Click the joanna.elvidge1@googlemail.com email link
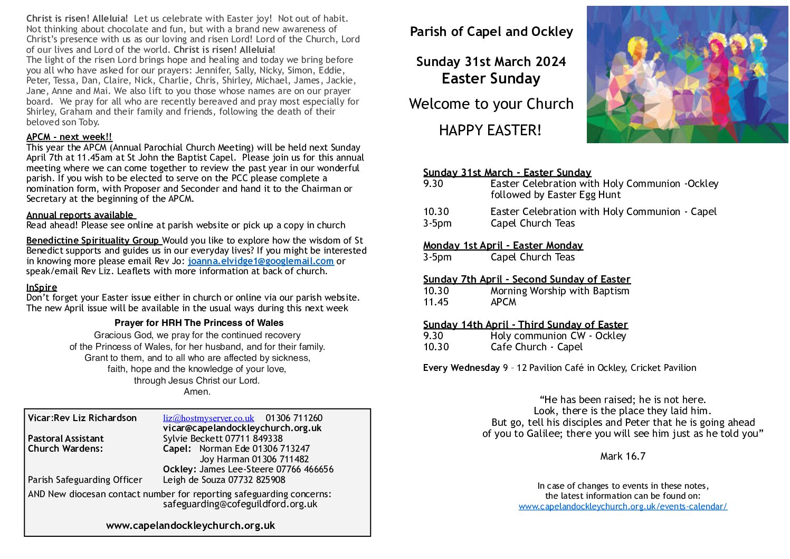pos(261,261)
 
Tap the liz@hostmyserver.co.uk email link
pos(208,418)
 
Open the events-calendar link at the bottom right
pos(623,506)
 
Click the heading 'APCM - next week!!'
pos(69,137)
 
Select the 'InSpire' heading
pos(42,287)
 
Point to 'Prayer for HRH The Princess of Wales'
pos(199,323)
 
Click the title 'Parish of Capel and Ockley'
pos(491,32)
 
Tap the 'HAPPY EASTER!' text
pos(490,130)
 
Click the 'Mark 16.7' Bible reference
pos(623,456)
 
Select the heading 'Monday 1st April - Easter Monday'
pos(503,246)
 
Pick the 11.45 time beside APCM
pos(436,302)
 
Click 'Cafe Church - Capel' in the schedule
pos(536,347)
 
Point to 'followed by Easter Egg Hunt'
pos(555,195)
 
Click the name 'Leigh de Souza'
pos(193,480)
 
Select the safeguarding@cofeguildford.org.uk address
pos(240,504)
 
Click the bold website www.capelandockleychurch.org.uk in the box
pos(191,526)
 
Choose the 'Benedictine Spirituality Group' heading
pos(93,240)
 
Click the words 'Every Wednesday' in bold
pos(461,368)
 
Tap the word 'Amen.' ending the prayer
pos(197,392)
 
